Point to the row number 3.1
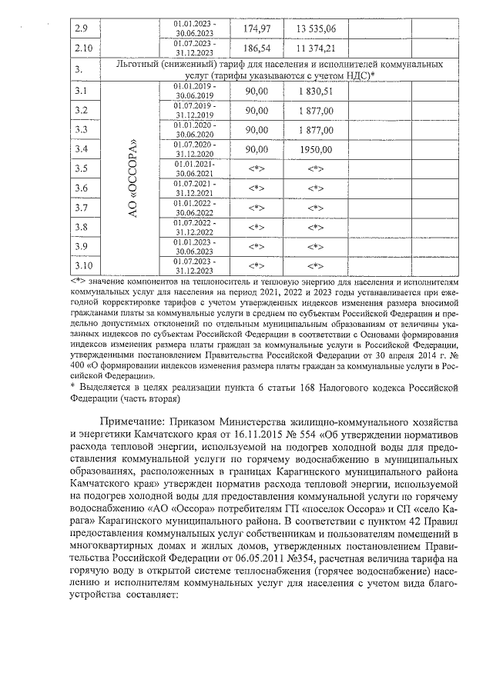point(81,92)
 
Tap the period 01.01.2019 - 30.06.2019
point(194,92)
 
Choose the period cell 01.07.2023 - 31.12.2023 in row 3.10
point(194,265)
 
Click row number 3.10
point(83,265)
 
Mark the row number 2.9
point(81,29)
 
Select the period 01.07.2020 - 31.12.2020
point(194,149)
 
